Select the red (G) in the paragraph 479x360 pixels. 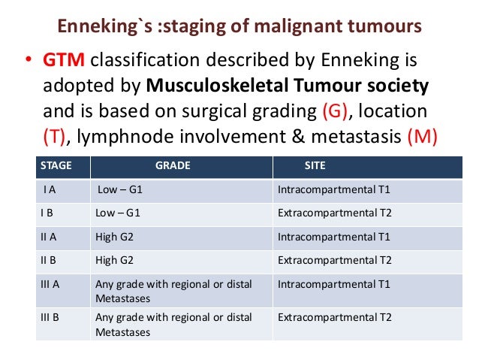click(x=334, y=111)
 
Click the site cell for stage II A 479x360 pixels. click(x=334, y=237)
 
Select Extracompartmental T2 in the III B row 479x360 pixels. click(x=335, y=318)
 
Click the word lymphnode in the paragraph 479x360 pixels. click(x=133, y=136)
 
